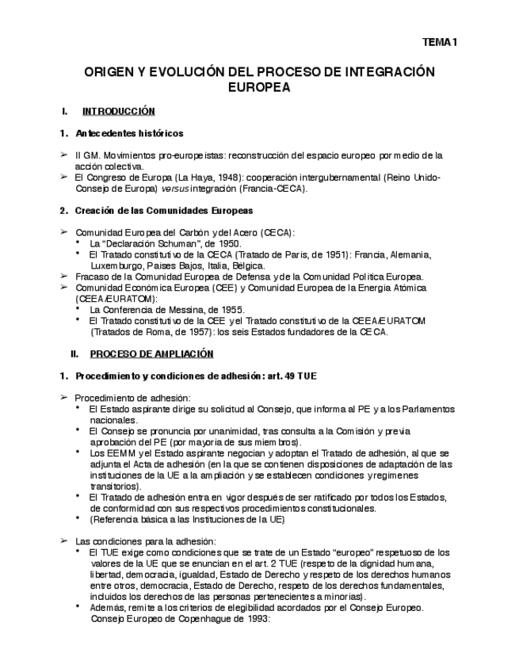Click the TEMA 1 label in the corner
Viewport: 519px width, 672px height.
point(440,44)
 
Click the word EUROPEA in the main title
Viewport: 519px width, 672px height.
point(259,88)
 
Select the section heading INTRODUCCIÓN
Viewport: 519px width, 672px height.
point(119,112)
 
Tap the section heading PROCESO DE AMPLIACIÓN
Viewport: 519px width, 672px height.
point(152,353)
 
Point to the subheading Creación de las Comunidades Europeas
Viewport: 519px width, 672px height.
point(164,211)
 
